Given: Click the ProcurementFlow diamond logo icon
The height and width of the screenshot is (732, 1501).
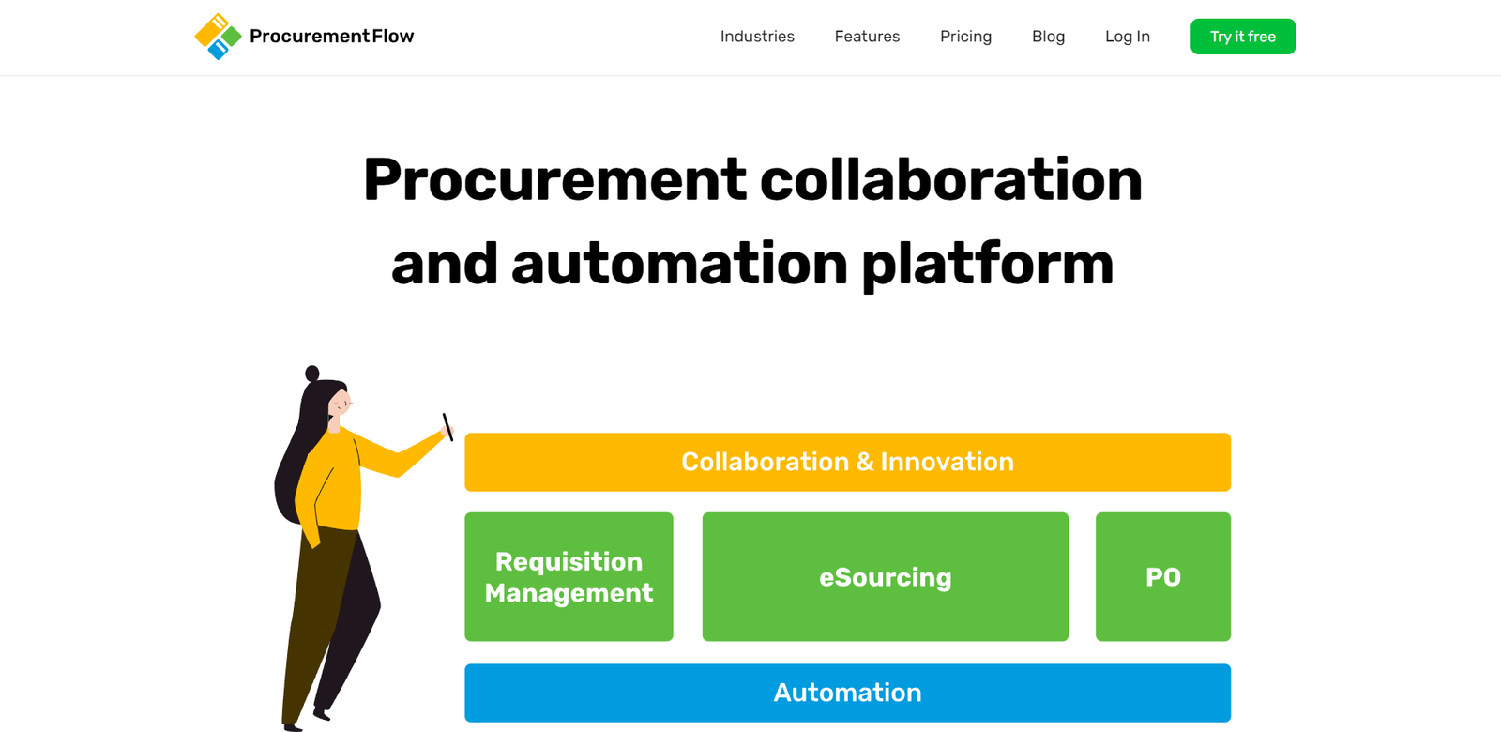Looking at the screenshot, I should (x=218, y=37).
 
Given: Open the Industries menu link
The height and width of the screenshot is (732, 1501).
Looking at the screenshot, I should (x=757, y=37).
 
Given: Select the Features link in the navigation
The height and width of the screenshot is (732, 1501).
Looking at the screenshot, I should (x=867, y=37).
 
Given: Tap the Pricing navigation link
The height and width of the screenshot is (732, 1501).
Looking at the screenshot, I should (x=965, y=37).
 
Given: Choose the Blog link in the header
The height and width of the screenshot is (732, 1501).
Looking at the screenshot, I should (x=1048, y=37).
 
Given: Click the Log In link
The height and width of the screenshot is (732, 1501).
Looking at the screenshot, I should (x=1127, y=37).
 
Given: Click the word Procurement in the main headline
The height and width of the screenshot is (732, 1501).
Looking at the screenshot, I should (x=554, y=180).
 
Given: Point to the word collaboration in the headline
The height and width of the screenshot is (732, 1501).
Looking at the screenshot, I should (x=950, y=180).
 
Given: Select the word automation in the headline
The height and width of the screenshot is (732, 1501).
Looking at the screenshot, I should (x=680, y=265).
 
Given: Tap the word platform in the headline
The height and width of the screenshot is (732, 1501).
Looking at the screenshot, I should (x=987, y=265).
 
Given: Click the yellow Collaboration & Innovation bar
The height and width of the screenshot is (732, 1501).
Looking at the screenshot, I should (x=847, y=462).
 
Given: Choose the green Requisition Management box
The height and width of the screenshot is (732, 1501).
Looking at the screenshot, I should (x=569, y=576).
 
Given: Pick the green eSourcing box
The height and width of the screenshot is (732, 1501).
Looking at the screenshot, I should (x=885, y=576).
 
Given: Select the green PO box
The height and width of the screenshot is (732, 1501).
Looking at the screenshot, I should (x=1162, y=576).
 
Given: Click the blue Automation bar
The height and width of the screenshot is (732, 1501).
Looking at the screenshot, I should (x=847, y=693).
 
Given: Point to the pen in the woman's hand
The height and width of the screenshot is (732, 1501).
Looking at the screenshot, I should (x=447, y=427).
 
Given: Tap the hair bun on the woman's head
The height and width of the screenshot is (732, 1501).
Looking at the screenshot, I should (x=312, y=374).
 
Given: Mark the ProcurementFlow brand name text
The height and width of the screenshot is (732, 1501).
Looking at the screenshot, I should (x=331, y=37).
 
